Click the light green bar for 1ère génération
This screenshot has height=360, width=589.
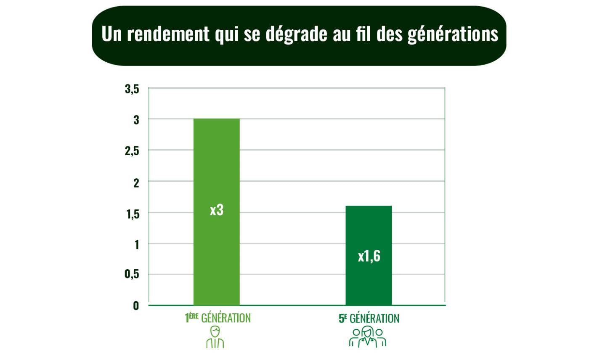[216, 168]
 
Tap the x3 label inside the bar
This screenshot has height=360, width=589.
[216, 210]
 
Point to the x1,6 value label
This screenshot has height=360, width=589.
[369, 256]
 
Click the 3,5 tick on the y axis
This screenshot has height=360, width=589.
[132, 90]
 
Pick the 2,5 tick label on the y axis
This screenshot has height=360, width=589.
[132, 151]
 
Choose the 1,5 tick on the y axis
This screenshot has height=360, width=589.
[132, 214]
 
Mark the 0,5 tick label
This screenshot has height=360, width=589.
[132, 275]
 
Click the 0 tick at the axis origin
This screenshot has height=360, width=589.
[136, 306]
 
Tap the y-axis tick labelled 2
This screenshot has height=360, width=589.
[136, 182]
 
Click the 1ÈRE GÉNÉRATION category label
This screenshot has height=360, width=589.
[218, 318]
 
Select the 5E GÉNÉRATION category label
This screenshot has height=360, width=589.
[369, 318]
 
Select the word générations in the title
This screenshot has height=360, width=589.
[453, 34]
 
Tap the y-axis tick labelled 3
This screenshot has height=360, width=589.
[136, 120]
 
